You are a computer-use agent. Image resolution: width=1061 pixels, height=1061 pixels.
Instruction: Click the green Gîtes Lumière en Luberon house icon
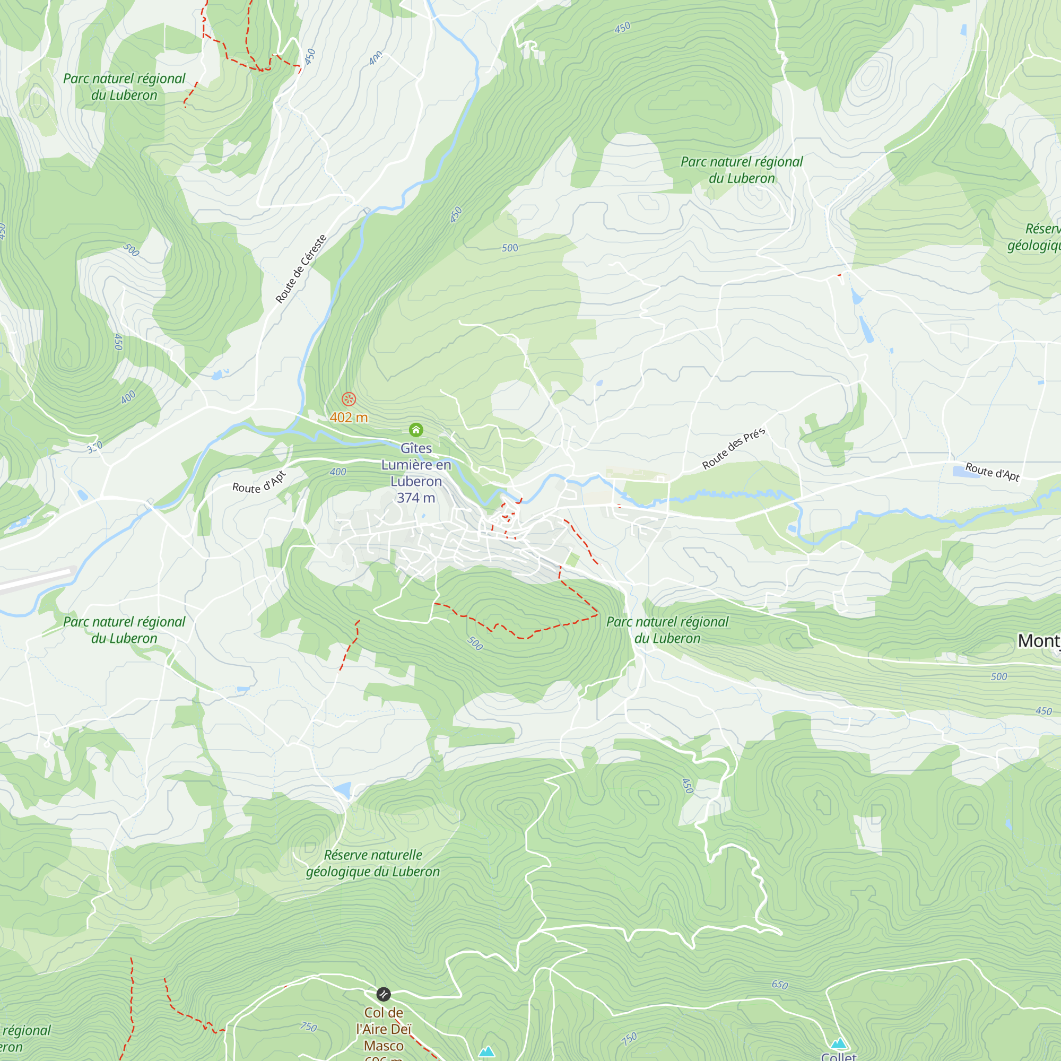pos(416,430)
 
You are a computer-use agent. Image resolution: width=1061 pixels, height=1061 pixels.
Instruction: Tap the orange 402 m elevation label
pos(349,418)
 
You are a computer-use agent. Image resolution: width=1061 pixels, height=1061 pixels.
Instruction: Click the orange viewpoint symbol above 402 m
pos(349,399)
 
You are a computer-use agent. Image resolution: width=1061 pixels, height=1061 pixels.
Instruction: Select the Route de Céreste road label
pos(301,268)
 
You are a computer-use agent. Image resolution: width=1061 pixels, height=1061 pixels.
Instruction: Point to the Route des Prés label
pos(733,449)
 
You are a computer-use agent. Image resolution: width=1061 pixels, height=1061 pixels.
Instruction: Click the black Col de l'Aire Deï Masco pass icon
pos(384,994)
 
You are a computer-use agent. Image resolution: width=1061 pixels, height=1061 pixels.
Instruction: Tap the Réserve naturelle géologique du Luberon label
pos(373,863)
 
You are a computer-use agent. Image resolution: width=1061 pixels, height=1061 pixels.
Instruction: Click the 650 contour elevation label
pos(780,985)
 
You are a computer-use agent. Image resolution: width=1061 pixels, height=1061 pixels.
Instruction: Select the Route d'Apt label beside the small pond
pos(993,472)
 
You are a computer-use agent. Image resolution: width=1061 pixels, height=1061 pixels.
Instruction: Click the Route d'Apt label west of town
pos(259,483)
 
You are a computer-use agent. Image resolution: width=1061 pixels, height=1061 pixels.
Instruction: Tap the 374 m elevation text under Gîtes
pos(416,498)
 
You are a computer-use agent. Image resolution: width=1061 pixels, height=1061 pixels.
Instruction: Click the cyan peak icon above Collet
pos(838,1043)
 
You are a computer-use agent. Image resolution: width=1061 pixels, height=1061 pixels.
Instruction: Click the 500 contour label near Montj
pos(999,676)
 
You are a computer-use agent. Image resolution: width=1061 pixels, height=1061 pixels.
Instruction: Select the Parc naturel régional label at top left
pos(124,87)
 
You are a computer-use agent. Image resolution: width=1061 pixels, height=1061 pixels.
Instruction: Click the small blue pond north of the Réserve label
pos(343,790)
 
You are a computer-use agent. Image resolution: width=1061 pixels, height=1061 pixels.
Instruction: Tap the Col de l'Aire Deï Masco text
pos(384,1029)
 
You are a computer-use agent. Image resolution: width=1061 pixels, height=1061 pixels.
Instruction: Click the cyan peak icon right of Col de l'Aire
pos(486,1052)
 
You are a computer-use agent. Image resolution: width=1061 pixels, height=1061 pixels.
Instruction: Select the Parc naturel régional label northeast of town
pos(742,170)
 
